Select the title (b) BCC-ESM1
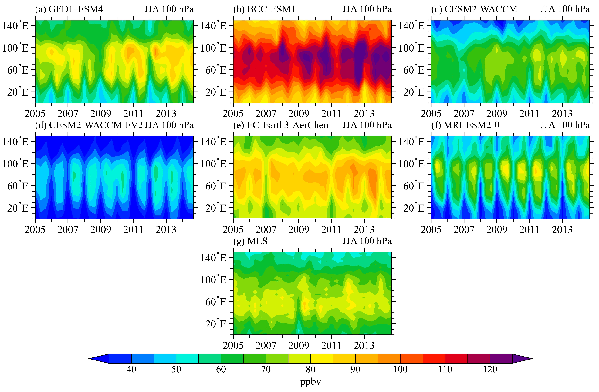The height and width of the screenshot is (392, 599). click(x=264, y=9)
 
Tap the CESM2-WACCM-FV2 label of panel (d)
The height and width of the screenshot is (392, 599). click(x=96, y=125)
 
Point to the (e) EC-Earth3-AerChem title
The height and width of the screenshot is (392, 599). click(x=282, y=125)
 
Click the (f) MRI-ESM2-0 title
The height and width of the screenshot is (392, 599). click(x=465, y=125)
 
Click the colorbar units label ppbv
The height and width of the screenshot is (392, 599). click(x=310, y=382)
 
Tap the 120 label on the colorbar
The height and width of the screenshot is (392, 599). click(x=490, y=369)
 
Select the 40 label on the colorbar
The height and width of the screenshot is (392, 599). click(x=131, y=369)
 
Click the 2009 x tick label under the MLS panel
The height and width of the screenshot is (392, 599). click(x=299, y=345)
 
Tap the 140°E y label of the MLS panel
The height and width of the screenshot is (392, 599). click(x=213, y=258)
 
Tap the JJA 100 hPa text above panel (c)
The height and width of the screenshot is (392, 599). click(x=565, y=9)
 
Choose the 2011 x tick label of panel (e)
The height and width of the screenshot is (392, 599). click(x=331, y=230)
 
